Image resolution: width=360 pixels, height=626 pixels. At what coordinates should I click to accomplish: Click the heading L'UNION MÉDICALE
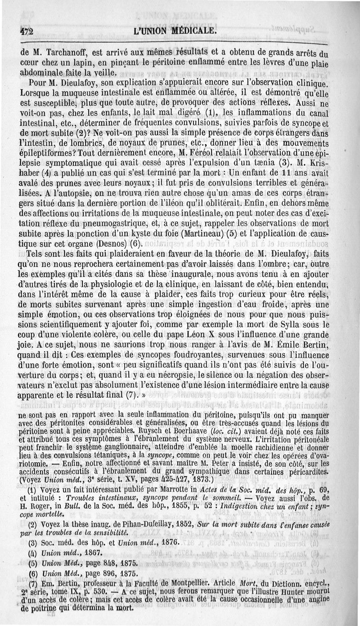point(175,31)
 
